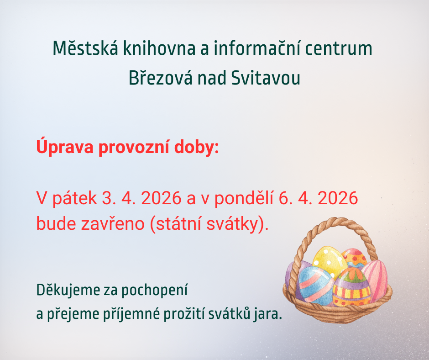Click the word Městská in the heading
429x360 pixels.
click(x=85, y=48)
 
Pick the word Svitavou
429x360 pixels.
click(x=266, y=78)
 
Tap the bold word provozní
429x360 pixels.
click(x=134, y=147)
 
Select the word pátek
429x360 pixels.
click(x=74, y=198)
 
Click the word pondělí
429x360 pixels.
click(x=244, y=198)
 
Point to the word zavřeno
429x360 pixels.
click(x=112, y=224)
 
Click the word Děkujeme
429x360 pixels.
click(x=68, y=290)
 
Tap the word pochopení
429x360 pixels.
click(x=154, y=291)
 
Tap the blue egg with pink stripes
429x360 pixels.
click(x=315, y=286)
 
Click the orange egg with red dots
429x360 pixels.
click(x=355, y=258)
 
